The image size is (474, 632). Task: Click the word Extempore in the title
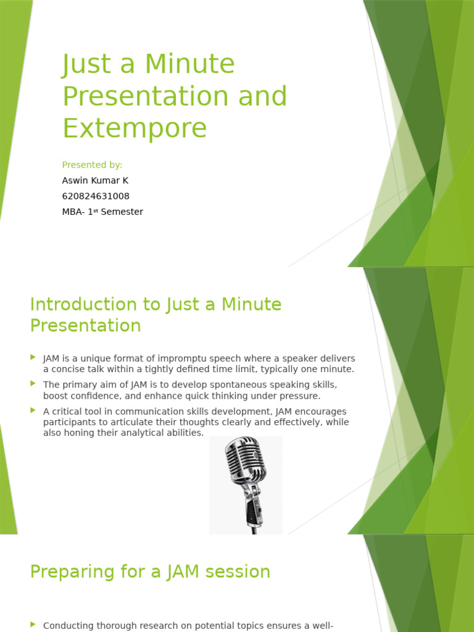135,128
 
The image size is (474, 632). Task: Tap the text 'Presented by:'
92,165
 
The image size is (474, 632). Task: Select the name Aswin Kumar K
95,180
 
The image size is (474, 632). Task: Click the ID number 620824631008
96,196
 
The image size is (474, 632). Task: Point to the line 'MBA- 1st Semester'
102,212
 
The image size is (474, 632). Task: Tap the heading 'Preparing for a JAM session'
150,572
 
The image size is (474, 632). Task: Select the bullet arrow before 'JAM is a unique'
33,357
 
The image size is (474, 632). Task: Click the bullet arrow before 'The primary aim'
33,384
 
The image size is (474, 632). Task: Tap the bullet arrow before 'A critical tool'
33,410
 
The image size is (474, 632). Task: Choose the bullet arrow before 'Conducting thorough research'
33,625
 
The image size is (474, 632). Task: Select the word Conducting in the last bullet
68,625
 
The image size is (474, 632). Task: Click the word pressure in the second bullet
298,396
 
